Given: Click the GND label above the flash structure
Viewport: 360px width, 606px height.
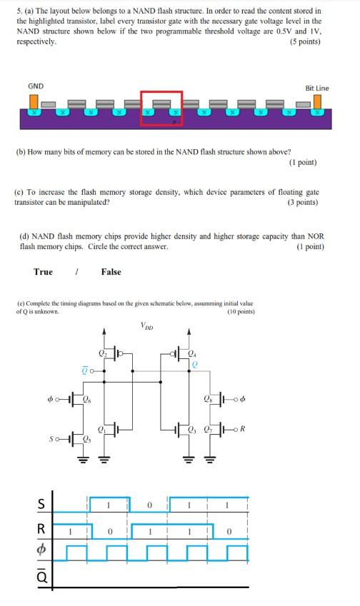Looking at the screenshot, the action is pos(36,86).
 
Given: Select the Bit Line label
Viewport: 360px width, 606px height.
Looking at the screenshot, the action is pos(317,88).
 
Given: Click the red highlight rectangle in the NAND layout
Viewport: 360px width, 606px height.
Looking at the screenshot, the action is pos(161,108).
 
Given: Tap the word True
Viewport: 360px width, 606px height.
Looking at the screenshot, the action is pos(43,271).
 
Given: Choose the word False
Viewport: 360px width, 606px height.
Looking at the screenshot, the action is pos(111,271).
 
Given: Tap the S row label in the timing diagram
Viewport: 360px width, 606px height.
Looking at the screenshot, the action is pos(42,505).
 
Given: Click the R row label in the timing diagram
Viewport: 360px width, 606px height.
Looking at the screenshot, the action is pos(42,530).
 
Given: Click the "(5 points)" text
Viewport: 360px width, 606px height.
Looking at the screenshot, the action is pos(305,42).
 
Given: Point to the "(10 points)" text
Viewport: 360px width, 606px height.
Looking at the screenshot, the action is pos(241,312).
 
